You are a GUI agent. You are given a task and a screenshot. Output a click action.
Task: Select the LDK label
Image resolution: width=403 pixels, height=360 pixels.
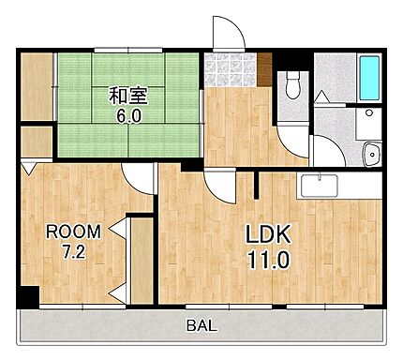pos(267,232)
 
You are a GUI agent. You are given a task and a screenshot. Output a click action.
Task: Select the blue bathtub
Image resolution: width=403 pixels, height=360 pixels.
pos(368,79)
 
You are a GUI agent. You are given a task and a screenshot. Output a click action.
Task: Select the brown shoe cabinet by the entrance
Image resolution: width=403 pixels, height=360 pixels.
pos(266,70)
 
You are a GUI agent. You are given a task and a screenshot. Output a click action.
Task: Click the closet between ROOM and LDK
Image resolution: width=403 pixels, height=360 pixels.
pos(141,260)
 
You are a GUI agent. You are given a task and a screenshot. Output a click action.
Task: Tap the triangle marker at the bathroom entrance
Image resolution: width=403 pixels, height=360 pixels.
pos(321,97)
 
